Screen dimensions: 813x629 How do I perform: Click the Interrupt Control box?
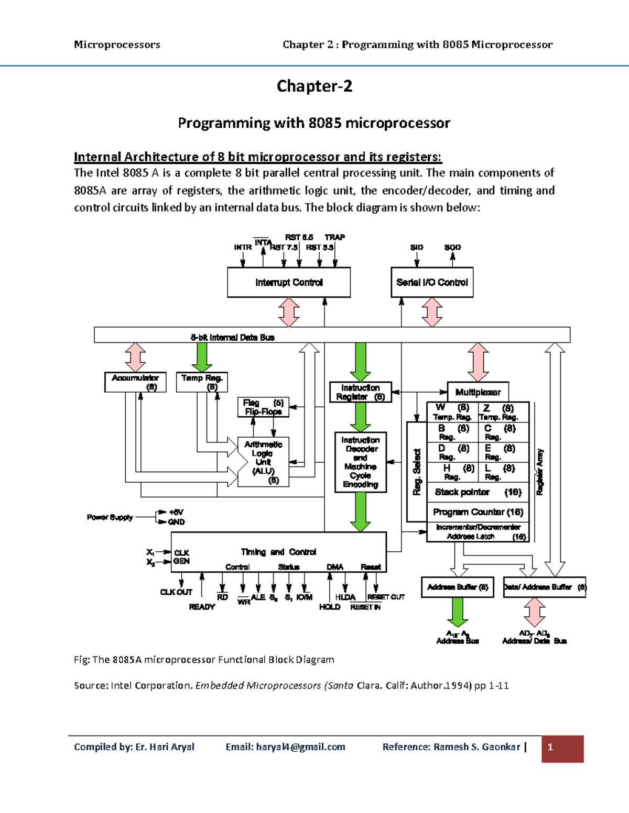click(289, 283)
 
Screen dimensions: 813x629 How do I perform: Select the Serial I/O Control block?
click(432, 283)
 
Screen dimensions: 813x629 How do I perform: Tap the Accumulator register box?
click(135, 382)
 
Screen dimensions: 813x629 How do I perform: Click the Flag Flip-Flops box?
click(263, 407)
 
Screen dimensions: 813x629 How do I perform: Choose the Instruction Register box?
click(361, 392)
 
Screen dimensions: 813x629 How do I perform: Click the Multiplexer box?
click(478, 392)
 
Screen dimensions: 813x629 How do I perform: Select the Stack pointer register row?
click(478, 492)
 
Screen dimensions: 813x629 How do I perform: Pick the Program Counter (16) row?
click(478, 512)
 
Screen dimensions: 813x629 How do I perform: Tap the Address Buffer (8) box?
click(458, 587)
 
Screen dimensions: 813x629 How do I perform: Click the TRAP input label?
click(334, 237)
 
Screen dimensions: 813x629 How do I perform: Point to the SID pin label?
click(417, 247)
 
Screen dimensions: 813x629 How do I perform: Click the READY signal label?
click(202, 607)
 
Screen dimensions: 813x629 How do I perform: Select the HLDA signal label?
click(345, 597)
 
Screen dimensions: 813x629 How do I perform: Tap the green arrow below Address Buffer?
click(458, 611)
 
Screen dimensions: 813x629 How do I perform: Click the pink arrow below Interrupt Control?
click(289, 312)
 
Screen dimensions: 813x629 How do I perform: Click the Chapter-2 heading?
click(314, 86)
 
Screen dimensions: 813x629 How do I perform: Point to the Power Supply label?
click(110, 517)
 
